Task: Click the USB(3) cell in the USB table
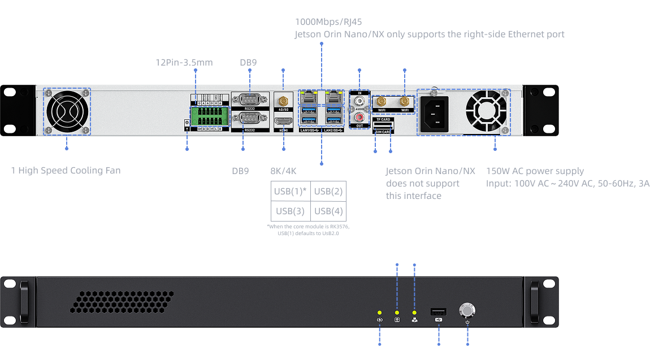click(291, 211)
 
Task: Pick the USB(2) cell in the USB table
click(328, 191)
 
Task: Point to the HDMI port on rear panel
click(282, 122)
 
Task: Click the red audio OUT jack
click(359, 118)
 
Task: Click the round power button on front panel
click(467, 310)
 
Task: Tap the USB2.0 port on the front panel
click(439, 311)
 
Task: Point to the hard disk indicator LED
click(397, 313)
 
